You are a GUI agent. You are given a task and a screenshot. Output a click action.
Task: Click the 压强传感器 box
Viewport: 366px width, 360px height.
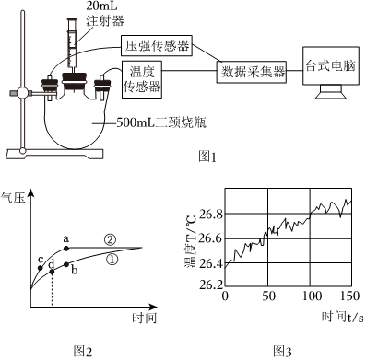[x=157, y=46]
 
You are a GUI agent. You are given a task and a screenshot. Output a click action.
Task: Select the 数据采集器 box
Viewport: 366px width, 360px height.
[x=252, y=73]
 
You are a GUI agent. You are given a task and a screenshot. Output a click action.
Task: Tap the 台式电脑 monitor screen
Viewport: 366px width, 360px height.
[x=331, y=65]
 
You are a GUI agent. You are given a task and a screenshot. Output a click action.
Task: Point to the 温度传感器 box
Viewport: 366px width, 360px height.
[x=142, y=79]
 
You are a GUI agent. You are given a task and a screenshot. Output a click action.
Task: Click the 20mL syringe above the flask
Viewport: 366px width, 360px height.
[x=73, y=44]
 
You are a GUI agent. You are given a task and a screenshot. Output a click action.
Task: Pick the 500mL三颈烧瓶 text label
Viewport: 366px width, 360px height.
[x=161, y=122]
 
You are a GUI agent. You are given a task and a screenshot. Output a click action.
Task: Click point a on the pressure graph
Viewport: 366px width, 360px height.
[x=66, y=248]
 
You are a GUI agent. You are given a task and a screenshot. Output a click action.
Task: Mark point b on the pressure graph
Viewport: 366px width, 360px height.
[x=66, y=264]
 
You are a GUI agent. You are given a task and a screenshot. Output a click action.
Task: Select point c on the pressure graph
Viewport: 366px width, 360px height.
[x=40, y=268]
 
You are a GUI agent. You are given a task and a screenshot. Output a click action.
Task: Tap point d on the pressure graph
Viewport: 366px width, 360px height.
[x=52, y=272]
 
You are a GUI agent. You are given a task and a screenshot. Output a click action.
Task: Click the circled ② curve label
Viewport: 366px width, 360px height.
[x=110, y=239]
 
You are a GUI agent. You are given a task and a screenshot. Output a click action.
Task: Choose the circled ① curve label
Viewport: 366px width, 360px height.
[x=112, y=260]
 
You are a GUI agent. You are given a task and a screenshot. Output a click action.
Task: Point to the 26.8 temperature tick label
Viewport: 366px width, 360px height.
[x=211, y=214]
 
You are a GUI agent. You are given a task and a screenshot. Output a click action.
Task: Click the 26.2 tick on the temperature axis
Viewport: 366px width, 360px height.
[x=211, y=285]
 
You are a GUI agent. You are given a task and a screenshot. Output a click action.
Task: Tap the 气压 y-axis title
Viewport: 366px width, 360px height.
[x=13, y=198]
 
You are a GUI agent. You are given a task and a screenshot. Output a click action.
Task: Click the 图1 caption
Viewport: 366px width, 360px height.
[x=207, y=157]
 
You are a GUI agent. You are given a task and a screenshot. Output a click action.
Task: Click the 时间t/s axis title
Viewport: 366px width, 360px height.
[x=342, y=317]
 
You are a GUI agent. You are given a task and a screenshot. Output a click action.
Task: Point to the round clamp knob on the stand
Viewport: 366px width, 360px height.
[x=23, y=93]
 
